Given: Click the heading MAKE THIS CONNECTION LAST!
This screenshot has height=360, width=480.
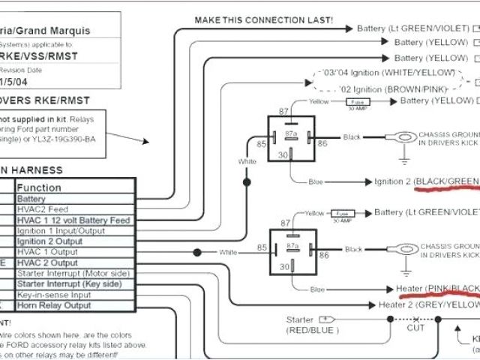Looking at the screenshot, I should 263,20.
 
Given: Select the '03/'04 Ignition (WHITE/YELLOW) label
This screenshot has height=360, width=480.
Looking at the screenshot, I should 388,73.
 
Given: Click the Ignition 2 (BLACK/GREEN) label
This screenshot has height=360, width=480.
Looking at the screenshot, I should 427,181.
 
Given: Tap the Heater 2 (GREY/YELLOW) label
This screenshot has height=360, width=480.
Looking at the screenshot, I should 428,304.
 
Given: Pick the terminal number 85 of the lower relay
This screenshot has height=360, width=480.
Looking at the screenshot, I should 262,247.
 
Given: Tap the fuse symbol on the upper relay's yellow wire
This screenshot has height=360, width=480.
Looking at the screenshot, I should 358,101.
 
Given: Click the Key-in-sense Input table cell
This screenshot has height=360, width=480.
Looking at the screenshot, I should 61,295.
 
